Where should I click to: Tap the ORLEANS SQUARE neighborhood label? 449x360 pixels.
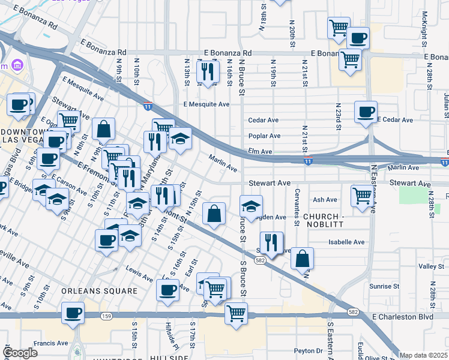(x=99, y=291)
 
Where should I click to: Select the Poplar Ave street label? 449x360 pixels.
(x=264, y=136)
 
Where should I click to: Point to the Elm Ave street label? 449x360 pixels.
(x=261, y=152)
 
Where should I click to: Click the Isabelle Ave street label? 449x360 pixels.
(x=346, y=242)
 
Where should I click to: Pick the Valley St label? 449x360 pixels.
(x=430, y=266)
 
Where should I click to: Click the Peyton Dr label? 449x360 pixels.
(x=309, y=351)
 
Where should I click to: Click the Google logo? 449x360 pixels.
(x=20, y=353)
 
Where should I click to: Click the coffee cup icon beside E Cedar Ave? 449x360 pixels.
(x=366, y=111)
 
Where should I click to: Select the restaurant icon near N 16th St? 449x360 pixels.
(x=208, y=72)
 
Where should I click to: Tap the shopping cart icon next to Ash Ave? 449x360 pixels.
(x=362, y=196)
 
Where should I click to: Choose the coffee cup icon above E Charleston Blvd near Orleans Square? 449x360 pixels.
(x=167, y=290)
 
